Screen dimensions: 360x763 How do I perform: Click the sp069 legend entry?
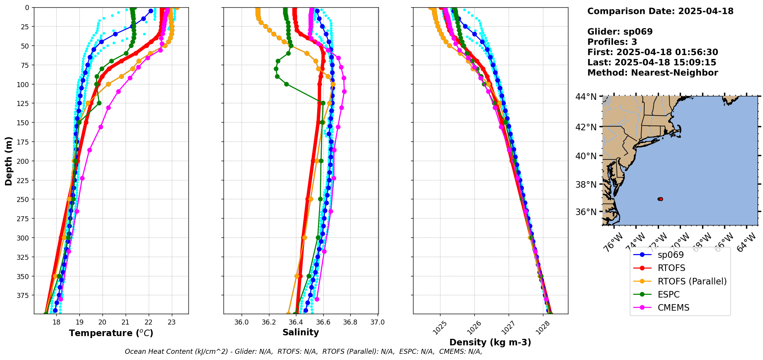click(x=671, y=255)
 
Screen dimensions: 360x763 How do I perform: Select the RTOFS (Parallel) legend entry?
click(x=692, y=281)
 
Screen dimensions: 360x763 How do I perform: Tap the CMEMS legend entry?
click(x=673, y=308)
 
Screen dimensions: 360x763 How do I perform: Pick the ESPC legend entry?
click(x=669, y=294)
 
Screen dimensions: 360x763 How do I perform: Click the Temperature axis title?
click(x=111, y=333)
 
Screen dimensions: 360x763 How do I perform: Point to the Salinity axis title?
click(x=301, y=333)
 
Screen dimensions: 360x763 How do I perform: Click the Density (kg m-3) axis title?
click(x=490, y=342)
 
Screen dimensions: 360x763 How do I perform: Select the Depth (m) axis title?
click(x=8, y=161)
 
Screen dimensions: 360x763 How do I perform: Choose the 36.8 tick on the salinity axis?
click(x=350, y=322)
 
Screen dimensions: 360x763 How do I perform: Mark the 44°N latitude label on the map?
click(x=586, y=96)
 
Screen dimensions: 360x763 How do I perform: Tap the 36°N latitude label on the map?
click(x=586, y=212)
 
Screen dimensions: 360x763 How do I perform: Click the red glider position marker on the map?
click(x=661, y=199)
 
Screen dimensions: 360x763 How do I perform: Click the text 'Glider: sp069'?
click(x=620, y=32)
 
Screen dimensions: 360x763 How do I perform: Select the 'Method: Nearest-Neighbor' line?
click(x=652, y=73)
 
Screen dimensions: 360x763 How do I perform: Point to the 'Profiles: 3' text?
click(x=612, y=42)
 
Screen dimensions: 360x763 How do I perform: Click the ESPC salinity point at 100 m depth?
click(x=286, y=84)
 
